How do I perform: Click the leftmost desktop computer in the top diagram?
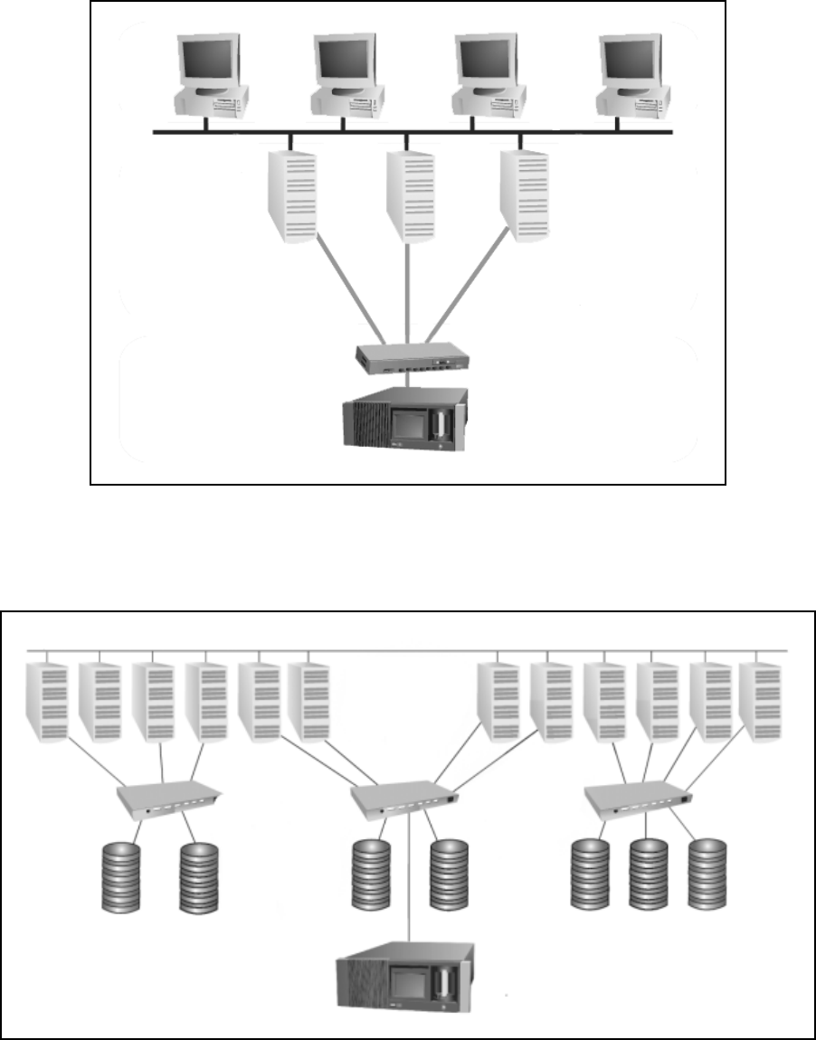(211, 77)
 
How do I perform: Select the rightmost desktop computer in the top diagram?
(636, 77)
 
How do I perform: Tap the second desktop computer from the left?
(345, 77)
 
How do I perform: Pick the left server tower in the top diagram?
(292, 195)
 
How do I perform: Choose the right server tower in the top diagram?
(526, 195)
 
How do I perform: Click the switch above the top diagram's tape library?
(412, 355)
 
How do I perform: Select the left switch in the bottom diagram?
(170, 797)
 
